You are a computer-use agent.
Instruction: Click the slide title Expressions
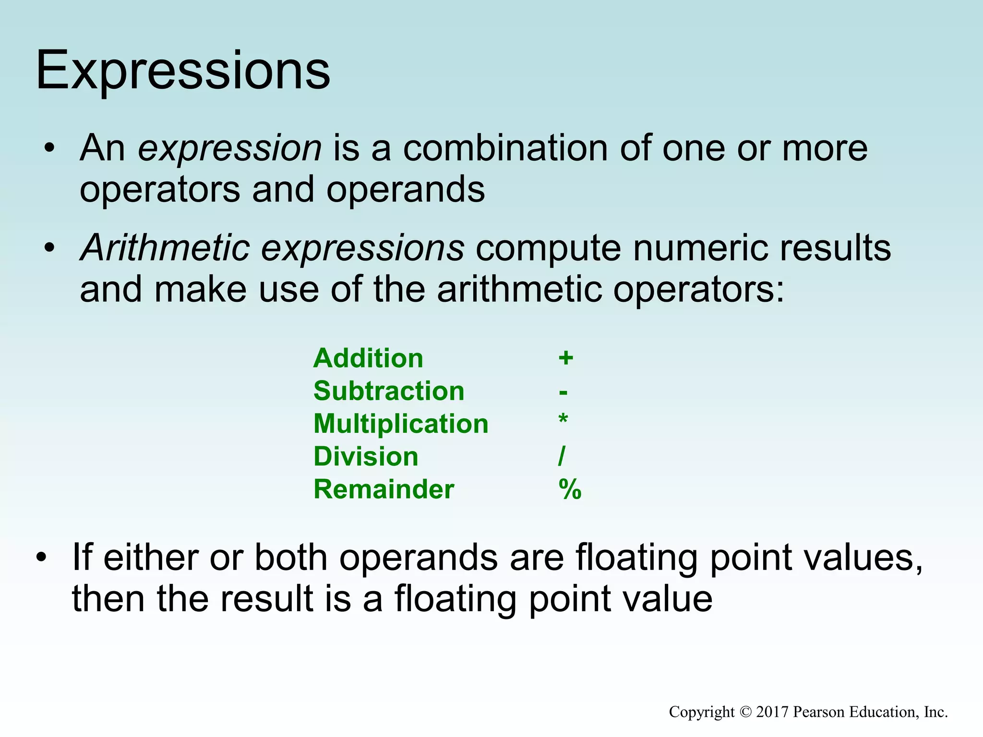182,71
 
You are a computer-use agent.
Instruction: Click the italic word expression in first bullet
229,148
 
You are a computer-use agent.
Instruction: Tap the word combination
505,148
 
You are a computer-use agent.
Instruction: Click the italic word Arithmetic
165,248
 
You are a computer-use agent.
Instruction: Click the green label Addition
368,358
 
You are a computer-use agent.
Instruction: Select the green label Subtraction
389,391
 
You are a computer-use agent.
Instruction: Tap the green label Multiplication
401,424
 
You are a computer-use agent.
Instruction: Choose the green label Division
366,456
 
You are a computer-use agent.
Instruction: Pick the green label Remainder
384,489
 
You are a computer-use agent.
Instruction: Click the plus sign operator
566,358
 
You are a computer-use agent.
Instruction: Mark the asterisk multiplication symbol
563,420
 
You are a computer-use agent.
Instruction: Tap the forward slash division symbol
562,456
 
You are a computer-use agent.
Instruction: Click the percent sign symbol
570,490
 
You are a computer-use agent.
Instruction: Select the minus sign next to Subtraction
563,393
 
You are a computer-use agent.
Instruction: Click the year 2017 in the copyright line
772,712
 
